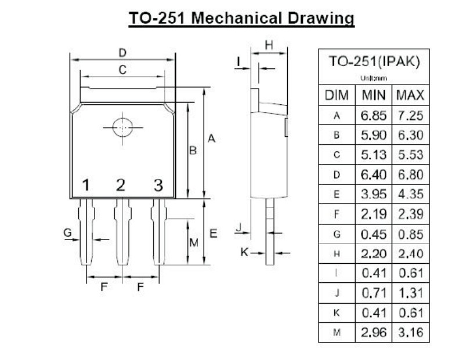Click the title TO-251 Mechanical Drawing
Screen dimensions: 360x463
[241, 18]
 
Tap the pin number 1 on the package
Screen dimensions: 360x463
[85, 186]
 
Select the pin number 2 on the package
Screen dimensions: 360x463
[121, 186]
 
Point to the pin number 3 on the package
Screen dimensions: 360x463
[158, 186]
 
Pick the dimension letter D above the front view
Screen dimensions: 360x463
[122, 53]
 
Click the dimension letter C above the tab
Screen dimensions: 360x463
[122, 70]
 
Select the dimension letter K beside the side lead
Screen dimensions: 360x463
[244, 252]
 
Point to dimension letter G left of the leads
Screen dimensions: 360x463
[68, 232]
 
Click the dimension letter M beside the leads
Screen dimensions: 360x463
[194, 241]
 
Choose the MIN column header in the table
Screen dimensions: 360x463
[374, 95]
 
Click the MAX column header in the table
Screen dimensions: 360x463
[411, 95]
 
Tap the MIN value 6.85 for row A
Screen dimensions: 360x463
[374, 115]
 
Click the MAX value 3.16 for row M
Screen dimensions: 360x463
[411, 332]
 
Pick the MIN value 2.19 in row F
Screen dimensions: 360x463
[374, 214]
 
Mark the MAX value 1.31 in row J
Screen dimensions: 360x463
[411, 293]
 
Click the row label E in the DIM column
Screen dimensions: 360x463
[337, 194]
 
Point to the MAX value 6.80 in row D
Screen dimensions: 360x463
[411, 174]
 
